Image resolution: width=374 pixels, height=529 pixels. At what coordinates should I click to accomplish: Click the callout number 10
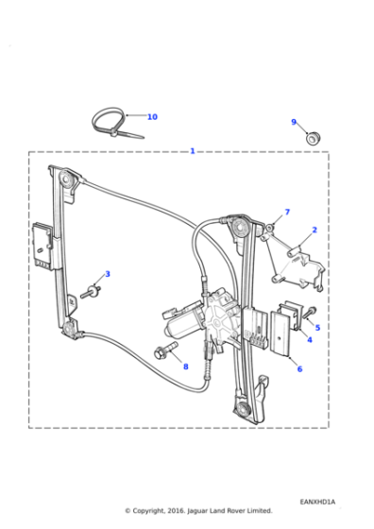coord(152,117)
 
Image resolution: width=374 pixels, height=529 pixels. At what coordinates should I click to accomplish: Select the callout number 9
coord(294,122)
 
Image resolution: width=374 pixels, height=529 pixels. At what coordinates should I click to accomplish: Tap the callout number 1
coord(193,151)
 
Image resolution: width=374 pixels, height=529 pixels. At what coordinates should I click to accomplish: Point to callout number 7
coord(287,213)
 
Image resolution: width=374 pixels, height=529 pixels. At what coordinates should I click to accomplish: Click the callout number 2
coord(314,230)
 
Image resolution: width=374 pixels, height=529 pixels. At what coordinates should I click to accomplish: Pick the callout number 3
coord(108,274)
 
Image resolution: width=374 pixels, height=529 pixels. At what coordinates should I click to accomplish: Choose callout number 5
coord(317,328)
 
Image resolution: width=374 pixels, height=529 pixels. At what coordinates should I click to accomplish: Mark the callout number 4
coord(309,338)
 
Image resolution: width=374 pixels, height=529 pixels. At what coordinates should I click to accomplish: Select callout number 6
coord(299,368)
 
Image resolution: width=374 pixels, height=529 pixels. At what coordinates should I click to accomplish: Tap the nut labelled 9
coord(313,138)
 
